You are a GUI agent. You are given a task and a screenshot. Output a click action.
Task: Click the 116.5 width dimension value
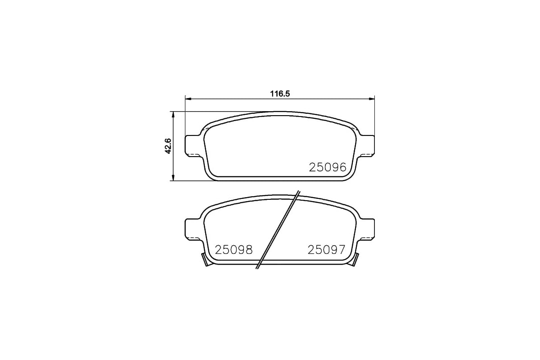tap(279, 94)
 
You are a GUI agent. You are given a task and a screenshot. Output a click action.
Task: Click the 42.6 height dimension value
tap(168, 146)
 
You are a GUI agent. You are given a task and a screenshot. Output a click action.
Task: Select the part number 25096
tap(327, 167)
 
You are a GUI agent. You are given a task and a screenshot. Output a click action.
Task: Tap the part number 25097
tap(326, 250)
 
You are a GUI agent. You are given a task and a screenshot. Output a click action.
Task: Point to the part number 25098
tap(234, 250)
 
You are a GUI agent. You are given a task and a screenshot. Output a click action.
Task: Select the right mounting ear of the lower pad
tap(366, 228)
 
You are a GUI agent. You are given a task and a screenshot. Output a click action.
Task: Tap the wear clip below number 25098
tap(205, 260)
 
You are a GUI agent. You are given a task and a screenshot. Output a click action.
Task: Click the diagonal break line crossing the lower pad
tap(278, 229)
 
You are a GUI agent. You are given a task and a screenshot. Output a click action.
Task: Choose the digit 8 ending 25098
tap(248, 250)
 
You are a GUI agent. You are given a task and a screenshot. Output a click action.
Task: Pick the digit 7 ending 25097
tap(341, 250)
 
